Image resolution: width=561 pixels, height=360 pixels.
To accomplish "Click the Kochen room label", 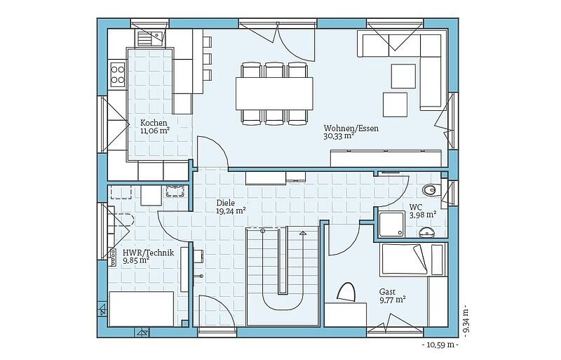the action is tap(154, 123).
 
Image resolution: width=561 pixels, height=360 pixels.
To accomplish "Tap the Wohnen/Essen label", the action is tap(351, 128).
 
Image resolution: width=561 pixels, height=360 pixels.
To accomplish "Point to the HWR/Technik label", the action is tap(148, 253).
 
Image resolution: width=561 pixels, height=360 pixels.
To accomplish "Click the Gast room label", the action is tap(388, 292).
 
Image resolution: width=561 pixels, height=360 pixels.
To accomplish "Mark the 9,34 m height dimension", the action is tap(466, 321).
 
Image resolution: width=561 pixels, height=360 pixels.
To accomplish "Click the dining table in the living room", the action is tap(274, 93).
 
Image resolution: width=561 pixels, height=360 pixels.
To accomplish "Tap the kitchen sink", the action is tap(150, 38).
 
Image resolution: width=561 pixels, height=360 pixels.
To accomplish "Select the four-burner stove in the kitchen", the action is tap(117, 74).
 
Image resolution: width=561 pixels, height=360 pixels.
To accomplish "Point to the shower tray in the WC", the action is tap(392, 225).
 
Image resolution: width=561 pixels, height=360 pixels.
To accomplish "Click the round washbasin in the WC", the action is tap(426, 232).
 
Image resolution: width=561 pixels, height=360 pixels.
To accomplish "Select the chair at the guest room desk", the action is tap(346, 293).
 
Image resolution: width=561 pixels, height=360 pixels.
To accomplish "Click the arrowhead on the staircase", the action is tap(303, 234).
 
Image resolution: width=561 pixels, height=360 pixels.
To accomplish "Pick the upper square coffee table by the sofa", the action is tap(403, 76).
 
